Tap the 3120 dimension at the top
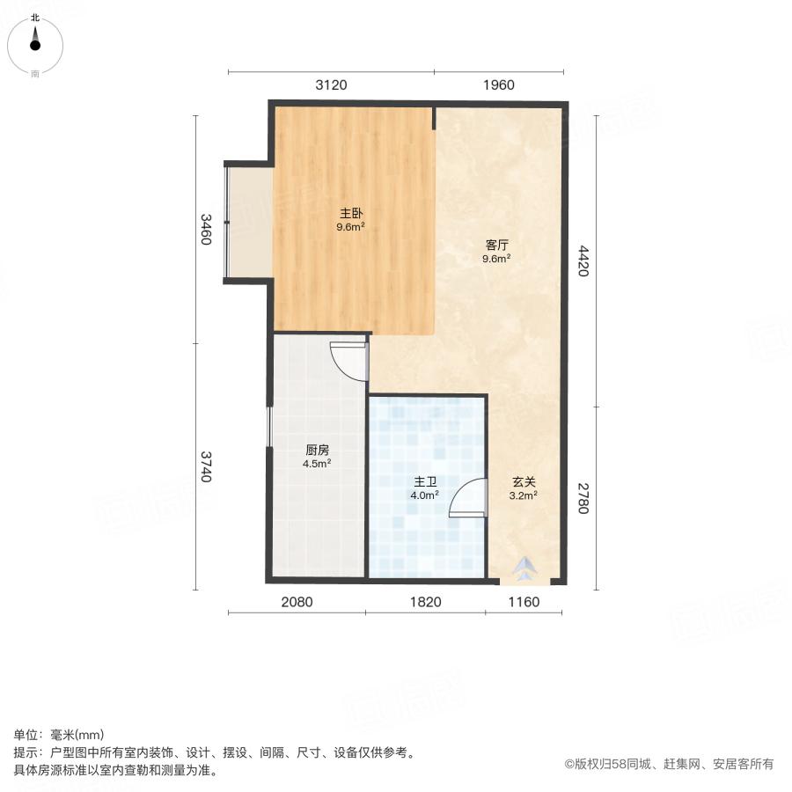tap(331, 85)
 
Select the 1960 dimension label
tap(498, 85)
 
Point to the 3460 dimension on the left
tap(205, 230)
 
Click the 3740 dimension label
tap(205, 466)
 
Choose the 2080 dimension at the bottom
tap(297, 602)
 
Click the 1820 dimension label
tap(426, 602)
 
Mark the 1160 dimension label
tap(523, 602)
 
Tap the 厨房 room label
tap(317, 450)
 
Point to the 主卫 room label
tap(425, 482)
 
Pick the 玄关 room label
tap(524, 482)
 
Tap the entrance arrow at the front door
tap(524, 570)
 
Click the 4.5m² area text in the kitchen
tap(317, 464)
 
